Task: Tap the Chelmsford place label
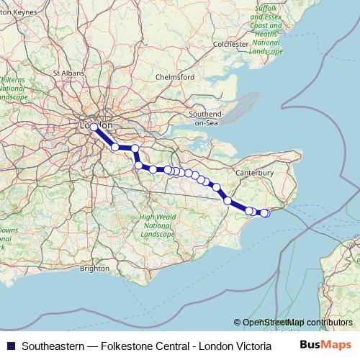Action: (176, 77)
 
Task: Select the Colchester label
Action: (230, 45)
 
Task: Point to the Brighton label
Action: (94, 268)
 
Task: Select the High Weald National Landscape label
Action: (157, 226)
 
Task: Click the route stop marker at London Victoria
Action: (94, 127)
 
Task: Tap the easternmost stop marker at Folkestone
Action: (265, 213)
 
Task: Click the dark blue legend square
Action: (9, 345)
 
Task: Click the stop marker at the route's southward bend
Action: (139, 166)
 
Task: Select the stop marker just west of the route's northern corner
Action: (115, 147)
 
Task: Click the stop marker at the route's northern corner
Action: (134, 148)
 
